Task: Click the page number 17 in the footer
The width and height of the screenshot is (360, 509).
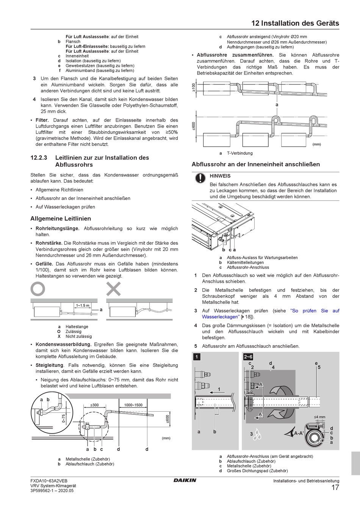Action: pyautogui.click(x=335, y=488)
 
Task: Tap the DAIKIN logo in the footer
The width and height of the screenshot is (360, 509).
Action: pyautogui.click(x=185, y=480)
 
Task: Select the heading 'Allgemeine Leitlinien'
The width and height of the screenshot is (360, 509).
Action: pyautogui.click(x=61, y=219)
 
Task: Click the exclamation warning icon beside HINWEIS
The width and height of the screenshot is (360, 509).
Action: pyautogui.click(x=199, y=178)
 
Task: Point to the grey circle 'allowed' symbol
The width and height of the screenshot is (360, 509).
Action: pyautogui.click(x=38, y=289)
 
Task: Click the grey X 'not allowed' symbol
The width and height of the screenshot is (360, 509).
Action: pyautogui.click(x=113, y=289)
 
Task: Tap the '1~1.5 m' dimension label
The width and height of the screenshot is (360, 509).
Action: pyautogui.click(x=83, y=305)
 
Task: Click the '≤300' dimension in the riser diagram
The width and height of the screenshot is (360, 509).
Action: pyautogui.click(x=94, y=405)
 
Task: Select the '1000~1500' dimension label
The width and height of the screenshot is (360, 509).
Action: pyautogui.click(x=133, y=405)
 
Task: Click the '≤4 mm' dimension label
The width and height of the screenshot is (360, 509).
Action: pyautogui.click(x=319, y=417)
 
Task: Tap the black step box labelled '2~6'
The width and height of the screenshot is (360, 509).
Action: pyautogui.click(x=248, y=357)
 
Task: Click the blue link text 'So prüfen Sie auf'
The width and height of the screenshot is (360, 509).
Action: pyautogui.click(x=315, y=311)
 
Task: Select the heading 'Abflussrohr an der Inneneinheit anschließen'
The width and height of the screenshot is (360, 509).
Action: pyautogui.click(x=256, y=164)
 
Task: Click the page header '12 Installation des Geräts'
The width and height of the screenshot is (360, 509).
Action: pyautogui.click(x=295, y=23)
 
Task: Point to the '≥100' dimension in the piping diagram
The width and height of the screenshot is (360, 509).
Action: pyautogui.click(x=193, y=87)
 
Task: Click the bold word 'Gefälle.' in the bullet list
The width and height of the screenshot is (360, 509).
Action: pyautogui.click(x=44, y=264)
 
